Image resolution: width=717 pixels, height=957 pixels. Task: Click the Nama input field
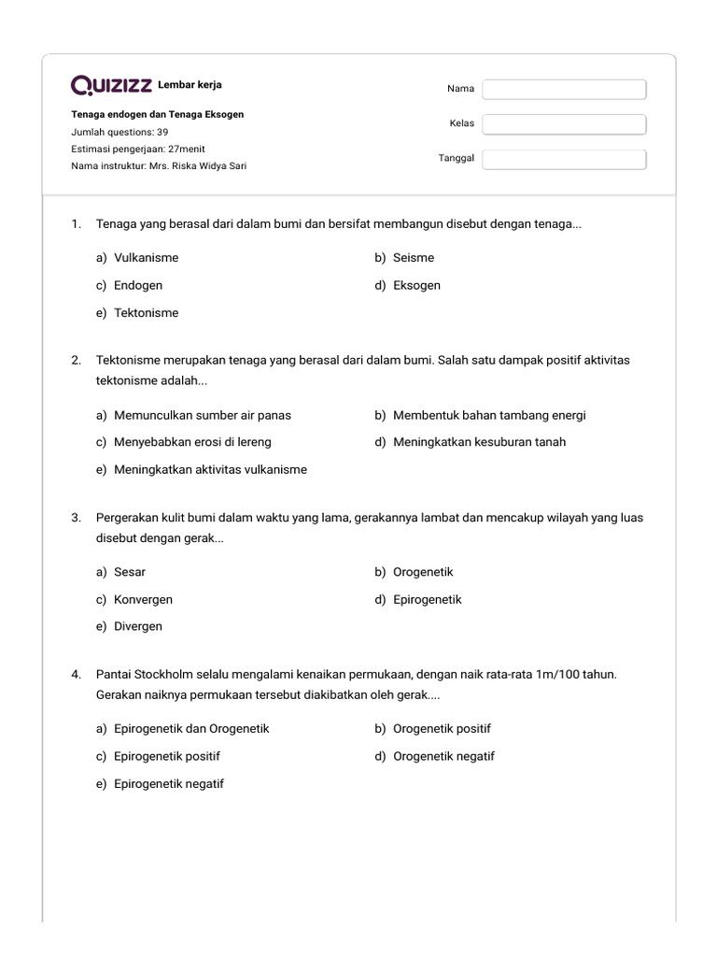point(564,89)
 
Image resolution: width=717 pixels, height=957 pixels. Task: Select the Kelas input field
point(564,124)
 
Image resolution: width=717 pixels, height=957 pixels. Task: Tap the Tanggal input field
point(564,159)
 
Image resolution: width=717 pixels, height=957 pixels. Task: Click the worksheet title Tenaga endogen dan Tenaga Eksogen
point(157,115)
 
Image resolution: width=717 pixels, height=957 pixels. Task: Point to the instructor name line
point(159,166)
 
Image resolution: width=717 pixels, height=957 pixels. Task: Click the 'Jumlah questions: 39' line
point(119,132)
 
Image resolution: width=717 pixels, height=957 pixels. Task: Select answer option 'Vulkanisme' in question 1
point(146,258)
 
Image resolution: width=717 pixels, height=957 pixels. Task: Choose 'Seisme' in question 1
point(413,258)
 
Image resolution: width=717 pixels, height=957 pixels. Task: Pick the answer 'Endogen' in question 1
point(138,285)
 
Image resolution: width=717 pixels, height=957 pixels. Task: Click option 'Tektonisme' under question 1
point(146,313)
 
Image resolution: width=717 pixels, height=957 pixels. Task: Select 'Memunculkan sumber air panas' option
point(202,415)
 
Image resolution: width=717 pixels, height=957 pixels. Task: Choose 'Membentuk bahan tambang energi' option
point(489,415)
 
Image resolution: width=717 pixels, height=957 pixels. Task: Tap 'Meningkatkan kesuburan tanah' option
point(479,442)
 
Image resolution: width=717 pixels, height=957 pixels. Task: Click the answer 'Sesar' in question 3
point(130,572)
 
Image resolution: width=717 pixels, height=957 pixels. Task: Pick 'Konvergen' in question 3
point(143,599)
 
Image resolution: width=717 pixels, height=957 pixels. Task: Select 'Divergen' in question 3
point(138,626)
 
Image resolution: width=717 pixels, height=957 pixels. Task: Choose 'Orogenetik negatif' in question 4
point(443,756)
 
